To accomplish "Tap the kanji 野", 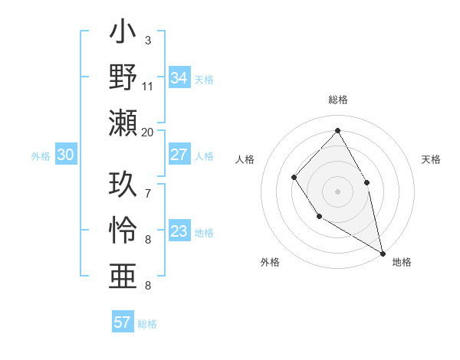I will tap(123, 77).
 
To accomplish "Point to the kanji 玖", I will tap(123, 185).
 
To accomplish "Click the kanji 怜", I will tap(123, 229).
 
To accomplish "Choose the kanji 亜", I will tap(123, 273).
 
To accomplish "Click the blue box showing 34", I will tap(179, 78).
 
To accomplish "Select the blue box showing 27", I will tap(179, 155).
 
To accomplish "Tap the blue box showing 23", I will tap(179, 231).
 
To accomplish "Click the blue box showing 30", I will tap(65, 155).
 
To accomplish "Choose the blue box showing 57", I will tap(123, 322).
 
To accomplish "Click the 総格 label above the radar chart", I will tap(338, 100).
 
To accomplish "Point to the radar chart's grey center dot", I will tap(337, 191).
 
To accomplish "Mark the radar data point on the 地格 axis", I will tap(383, 253).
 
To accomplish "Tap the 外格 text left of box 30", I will tap(41, 156).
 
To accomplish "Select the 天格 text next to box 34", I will tap(204, 80).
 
